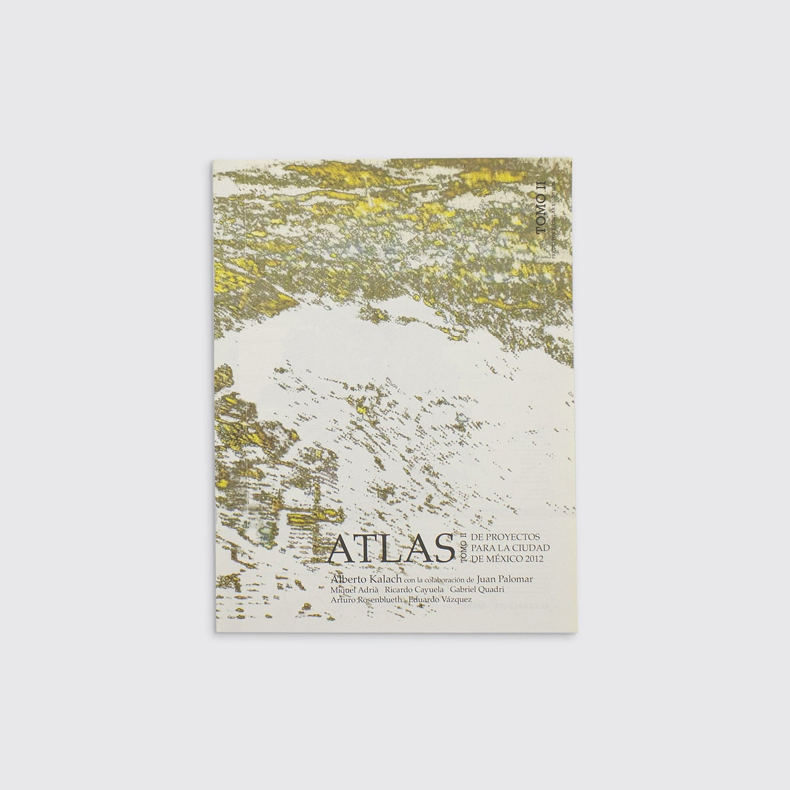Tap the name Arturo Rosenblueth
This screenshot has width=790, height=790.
tap(366, 600)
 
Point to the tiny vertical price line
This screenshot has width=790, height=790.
tap(554, 219)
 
